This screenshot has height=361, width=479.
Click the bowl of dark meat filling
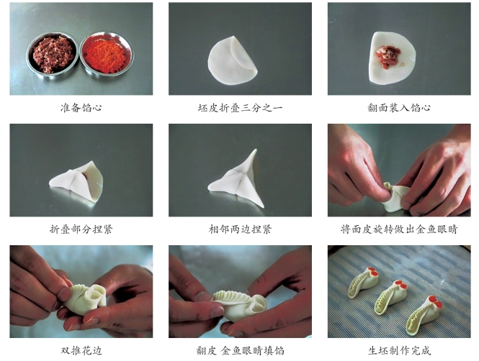[53, 55]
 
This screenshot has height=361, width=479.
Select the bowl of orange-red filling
[106, 54]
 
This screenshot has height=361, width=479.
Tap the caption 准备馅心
[81, 108]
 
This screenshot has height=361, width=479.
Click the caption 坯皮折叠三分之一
[240, 108]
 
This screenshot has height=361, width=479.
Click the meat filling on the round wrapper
[386, 57]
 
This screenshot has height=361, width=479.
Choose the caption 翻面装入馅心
[399, 108]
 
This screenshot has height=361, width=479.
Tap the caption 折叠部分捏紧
[81, 229]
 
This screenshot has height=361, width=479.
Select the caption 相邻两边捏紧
[240, 229]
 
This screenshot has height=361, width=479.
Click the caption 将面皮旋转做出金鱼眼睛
[399, 229]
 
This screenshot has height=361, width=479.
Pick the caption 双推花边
[81, 351]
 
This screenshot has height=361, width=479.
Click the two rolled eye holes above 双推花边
[95, 295]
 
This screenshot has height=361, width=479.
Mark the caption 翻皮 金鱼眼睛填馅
[240, 351]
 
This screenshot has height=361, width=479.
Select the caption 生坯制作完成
[399, 351]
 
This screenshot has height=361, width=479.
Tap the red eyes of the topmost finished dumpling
[373, 271]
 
